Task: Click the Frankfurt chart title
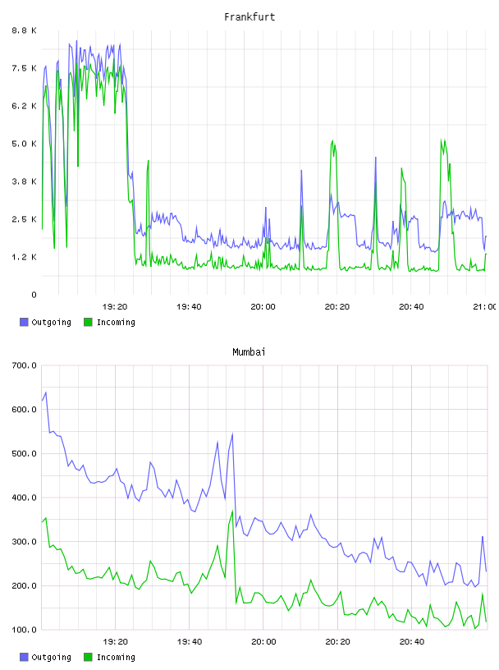tap(249, 16)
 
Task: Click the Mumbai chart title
tap(249, 351)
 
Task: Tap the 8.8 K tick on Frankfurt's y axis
tap(24, 30)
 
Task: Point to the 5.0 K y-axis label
tap(24, 144)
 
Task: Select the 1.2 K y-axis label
tap(24, 257)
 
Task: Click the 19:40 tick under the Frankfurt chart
tap(189, 306)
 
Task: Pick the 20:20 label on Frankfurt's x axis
tap(337, 306)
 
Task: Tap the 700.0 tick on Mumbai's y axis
tap(24, 365)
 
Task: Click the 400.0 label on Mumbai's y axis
tap(24, 498)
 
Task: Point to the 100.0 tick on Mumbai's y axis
tap(24, 630)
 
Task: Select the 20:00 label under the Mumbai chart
tap(263, 641)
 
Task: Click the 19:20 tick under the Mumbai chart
tap(115, 641)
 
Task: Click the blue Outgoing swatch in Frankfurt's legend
tap(24, 322)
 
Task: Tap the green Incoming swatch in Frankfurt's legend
tap(88, 322)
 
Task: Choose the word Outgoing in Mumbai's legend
tap(51, 657)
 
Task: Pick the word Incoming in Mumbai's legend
tap(116, 657)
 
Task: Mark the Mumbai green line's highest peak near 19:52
tap(232, 511)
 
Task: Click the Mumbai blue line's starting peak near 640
tap(46, 392)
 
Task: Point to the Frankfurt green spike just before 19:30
tap(149, 161)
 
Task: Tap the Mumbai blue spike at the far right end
tap(483, 537)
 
